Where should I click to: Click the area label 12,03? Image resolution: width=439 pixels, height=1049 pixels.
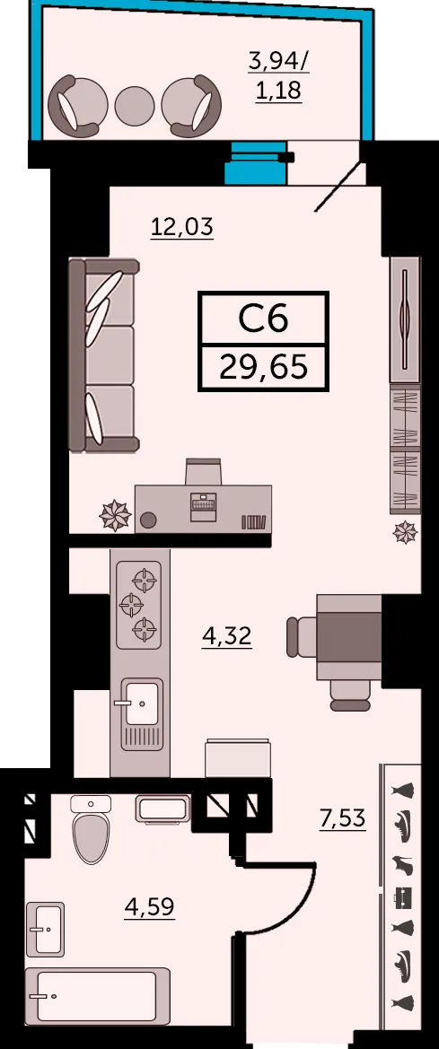pos(181,227)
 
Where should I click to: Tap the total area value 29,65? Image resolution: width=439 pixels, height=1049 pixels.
pos(264,367)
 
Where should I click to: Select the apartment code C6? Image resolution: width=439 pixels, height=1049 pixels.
pos(264,319)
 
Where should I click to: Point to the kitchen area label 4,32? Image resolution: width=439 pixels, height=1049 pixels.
pos(227,635)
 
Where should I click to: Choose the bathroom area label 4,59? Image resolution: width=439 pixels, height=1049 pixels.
pos(150,907)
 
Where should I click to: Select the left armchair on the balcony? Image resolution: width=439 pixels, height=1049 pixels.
pos(78,105)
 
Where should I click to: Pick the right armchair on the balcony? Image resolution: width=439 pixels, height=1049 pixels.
pos(191,105)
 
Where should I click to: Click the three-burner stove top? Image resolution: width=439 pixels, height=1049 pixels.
pos(139,605)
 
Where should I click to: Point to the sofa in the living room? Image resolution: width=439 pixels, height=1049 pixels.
pos(104,356)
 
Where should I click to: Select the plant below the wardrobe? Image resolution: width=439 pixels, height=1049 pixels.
pos(406,532)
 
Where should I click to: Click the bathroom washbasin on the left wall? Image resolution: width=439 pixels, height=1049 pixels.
pos(46,928)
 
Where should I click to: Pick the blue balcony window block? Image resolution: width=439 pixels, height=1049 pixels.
pos(256,163)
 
